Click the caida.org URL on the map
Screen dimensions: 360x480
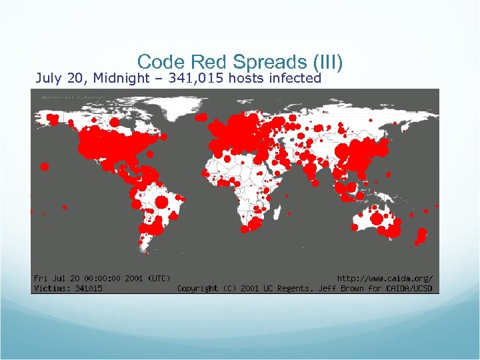[x=385, y=278]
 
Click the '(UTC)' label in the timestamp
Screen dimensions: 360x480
[x=158, y=278]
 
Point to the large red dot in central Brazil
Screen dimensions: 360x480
[x=161, y=202]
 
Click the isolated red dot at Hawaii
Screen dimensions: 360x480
[x=45, y=167]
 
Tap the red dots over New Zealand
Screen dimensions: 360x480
[x=421, y=235]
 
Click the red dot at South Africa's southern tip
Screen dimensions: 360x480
[x=245, y=229]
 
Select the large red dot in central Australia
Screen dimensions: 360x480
[x=377, y=219]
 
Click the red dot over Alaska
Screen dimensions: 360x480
[x=53, y=119]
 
